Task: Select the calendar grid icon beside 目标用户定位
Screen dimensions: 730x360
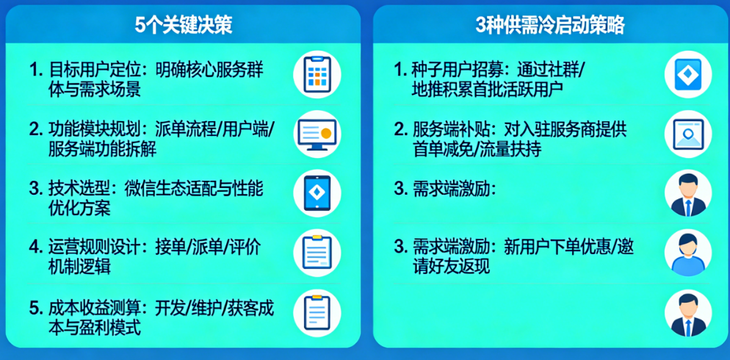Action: [x=317, y=74]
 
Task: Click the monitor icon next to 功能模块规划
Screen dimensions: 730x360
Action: [x=317, y=134]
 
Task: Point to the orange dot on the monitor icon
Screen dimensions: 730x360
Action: [x=326, y=133]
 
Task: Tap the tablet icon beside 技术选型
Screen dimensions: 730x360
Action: [x=317, y=192]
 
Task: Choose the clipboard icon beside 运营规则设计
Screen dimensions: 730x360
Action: [x=317, y=253]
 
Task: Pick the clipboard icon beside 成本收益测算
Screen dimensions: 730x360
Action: [x=317, y=312]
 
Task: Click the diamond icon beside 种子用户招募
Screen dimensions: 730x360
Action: [x=688, y=74]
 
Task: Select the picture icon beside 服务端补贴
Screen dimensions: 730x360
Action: [x=688, y=134]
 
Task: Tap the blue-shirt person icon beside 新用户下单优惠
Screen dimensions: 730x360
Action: [x=688, y=253]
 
